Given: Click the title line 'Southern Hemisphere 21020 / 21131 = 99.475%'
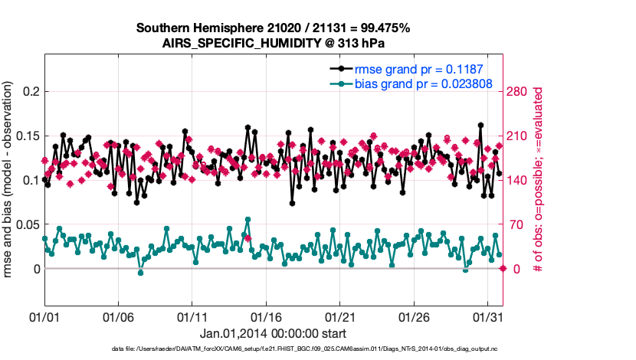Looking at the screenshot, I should pos(273,28).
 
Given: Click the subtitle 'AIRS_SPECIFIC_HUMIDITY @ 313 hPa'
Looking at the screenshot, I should pos(273,43).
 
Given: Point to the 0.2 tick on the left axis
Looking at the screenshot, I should pos(29,92).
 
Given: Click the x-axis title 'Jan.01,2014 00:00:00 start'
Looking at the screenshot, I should pos(273,333).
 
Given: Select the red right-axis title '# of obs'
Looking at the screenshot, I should pos(539,180).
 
